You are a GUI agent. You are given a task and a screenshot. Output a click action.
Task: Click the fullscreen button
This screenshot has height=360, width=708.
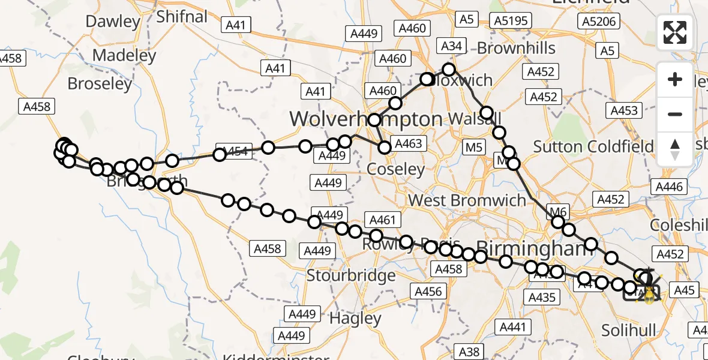pos(675,32)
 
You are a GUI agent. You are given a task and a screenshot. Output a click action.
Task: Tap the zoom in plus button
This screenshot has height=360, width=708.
pos(675,80)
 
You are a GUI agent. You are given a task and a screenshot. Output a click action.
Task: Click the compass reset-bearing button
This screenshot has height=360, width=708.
pos(675,149)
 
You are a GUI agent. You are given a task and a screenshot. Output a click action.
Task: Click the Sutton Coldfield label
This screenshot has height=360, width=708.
pos(593,146)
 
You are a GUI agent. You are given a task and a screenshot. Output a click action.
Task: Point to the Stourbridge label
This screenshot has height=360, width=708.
pos(351,276)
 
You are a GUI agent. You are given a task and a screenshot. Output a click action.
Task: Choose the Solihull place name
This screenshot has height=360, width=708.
pos(629,330)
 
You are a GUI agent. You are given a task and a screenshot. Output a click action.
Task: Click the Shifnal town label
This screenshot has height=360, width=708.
pos(181,16)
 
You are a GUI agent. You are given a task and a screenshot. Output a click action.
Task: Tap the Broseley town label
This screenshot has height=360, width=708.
pos(100,83)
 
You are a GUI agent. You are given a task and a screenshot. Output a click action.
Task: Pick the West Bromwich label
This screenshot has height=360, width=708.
pos(466,200)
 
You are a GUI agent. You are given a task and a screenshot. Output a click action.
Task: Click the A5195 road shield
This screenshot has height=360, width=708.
pos(511,21)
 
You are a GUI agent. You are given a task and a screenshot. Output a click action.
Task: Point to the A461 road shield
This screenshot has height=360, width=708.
pos(383,220)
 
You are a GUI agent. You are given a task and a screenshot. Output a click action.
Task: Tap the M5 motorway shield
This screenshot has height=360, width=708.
pos(473,146)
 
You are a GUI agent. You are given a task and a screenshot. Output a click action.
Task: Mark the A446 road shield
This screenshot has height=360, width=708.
pos(669,187)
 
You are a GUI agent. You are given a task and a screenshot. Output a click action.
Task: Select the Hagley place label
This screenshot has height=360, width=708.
pos(356,318)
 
